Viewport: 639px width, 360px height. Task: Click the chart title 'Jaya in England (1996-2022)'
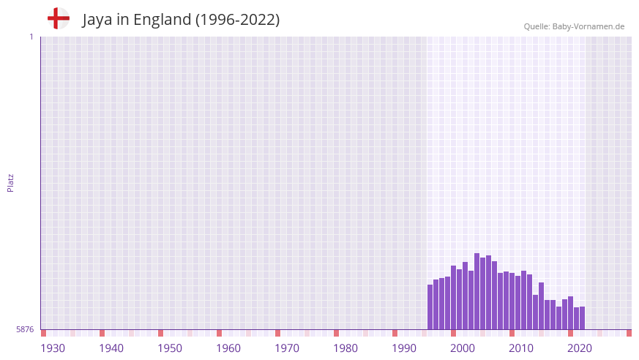coord(181,20)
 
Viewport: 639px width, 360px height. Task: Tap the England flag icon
coord(59,18)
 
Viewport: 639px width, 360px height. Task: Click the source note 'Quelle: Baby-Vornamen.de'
coord(574,26)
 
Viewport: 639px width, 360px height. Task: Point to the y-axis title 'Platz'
coord(10,182)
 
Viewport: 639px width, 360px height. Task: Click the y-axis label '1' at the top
coord(31,37)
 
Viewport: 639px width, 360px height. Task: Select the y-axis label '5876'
coord(25,329)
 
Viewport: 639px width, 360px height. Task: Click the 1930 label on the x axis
coord(53,348)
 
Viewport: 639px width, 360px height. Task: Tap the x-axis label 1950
coord(170,348)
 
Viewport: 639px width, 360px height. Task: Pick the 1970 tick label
coord(287,348)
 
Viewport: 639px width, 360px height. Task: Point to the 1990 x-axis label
coord(404,348)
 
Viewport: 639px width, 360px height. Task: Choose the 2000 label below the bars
coord(463,348)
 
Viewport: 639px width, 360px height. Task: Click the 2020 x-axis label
coord(580,348)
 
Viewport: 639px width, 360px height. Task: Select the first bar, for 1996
coord(430,307)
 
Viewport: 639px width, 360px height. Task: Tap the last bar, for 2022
coord(583,318)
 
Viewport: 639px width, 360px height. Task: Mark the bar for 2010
coord(512,301)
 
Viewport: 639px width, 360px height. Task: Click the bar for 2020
coord(571,312)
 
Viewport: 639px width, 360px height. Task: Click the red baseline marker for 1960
coord(220,333)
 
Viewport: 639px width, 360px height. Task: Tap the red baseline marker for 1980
coord(337,333)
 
